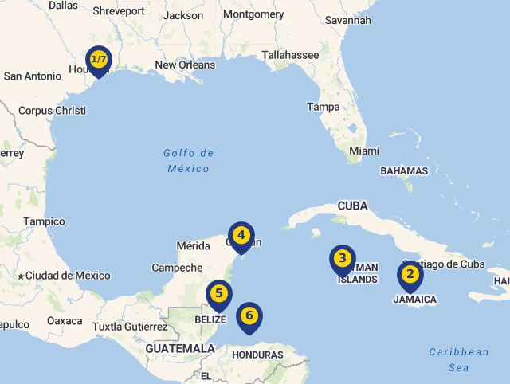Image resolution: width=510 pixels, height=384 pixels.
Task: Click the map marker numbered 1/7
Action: point(99,61)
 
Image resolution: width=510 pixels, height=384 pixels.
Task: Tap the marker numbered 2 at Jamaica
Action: point(410,275)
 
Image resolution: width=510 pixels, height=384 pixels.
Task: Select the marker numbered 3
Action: point(342,259)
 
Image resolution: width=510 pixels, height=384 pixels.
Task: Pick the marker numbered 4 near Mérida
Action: point(241,236)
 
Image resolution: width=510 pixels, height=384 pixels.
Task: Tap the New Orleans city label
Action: point(185,65)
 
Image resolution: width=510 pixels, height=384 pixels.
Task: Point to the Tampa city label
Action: point(324,107)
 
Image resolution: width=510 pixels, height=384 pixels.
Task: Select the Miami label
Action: point(364,151)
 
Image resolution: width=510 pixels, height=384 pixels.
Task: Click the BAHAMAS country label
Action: point(404,170)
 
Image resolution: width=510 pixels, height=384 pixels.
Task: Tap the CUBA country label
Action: point(352,206)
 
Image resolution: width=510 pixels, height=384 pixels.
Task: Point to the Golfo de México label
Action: point(189,160)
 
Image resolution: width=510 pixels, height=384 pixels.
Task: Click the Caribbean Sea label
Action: point(459,359)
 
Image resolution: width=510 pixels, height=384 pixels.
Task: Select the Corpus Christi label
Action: point(52,111)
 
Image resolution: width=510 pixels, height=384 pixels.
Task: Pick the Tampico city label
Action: point(44,221)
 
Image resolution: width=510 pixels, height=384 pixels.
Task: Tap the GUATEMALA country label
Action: point(180,348)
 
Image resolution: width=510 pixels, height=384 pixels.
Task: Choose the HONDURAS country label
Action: point(259,355)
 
